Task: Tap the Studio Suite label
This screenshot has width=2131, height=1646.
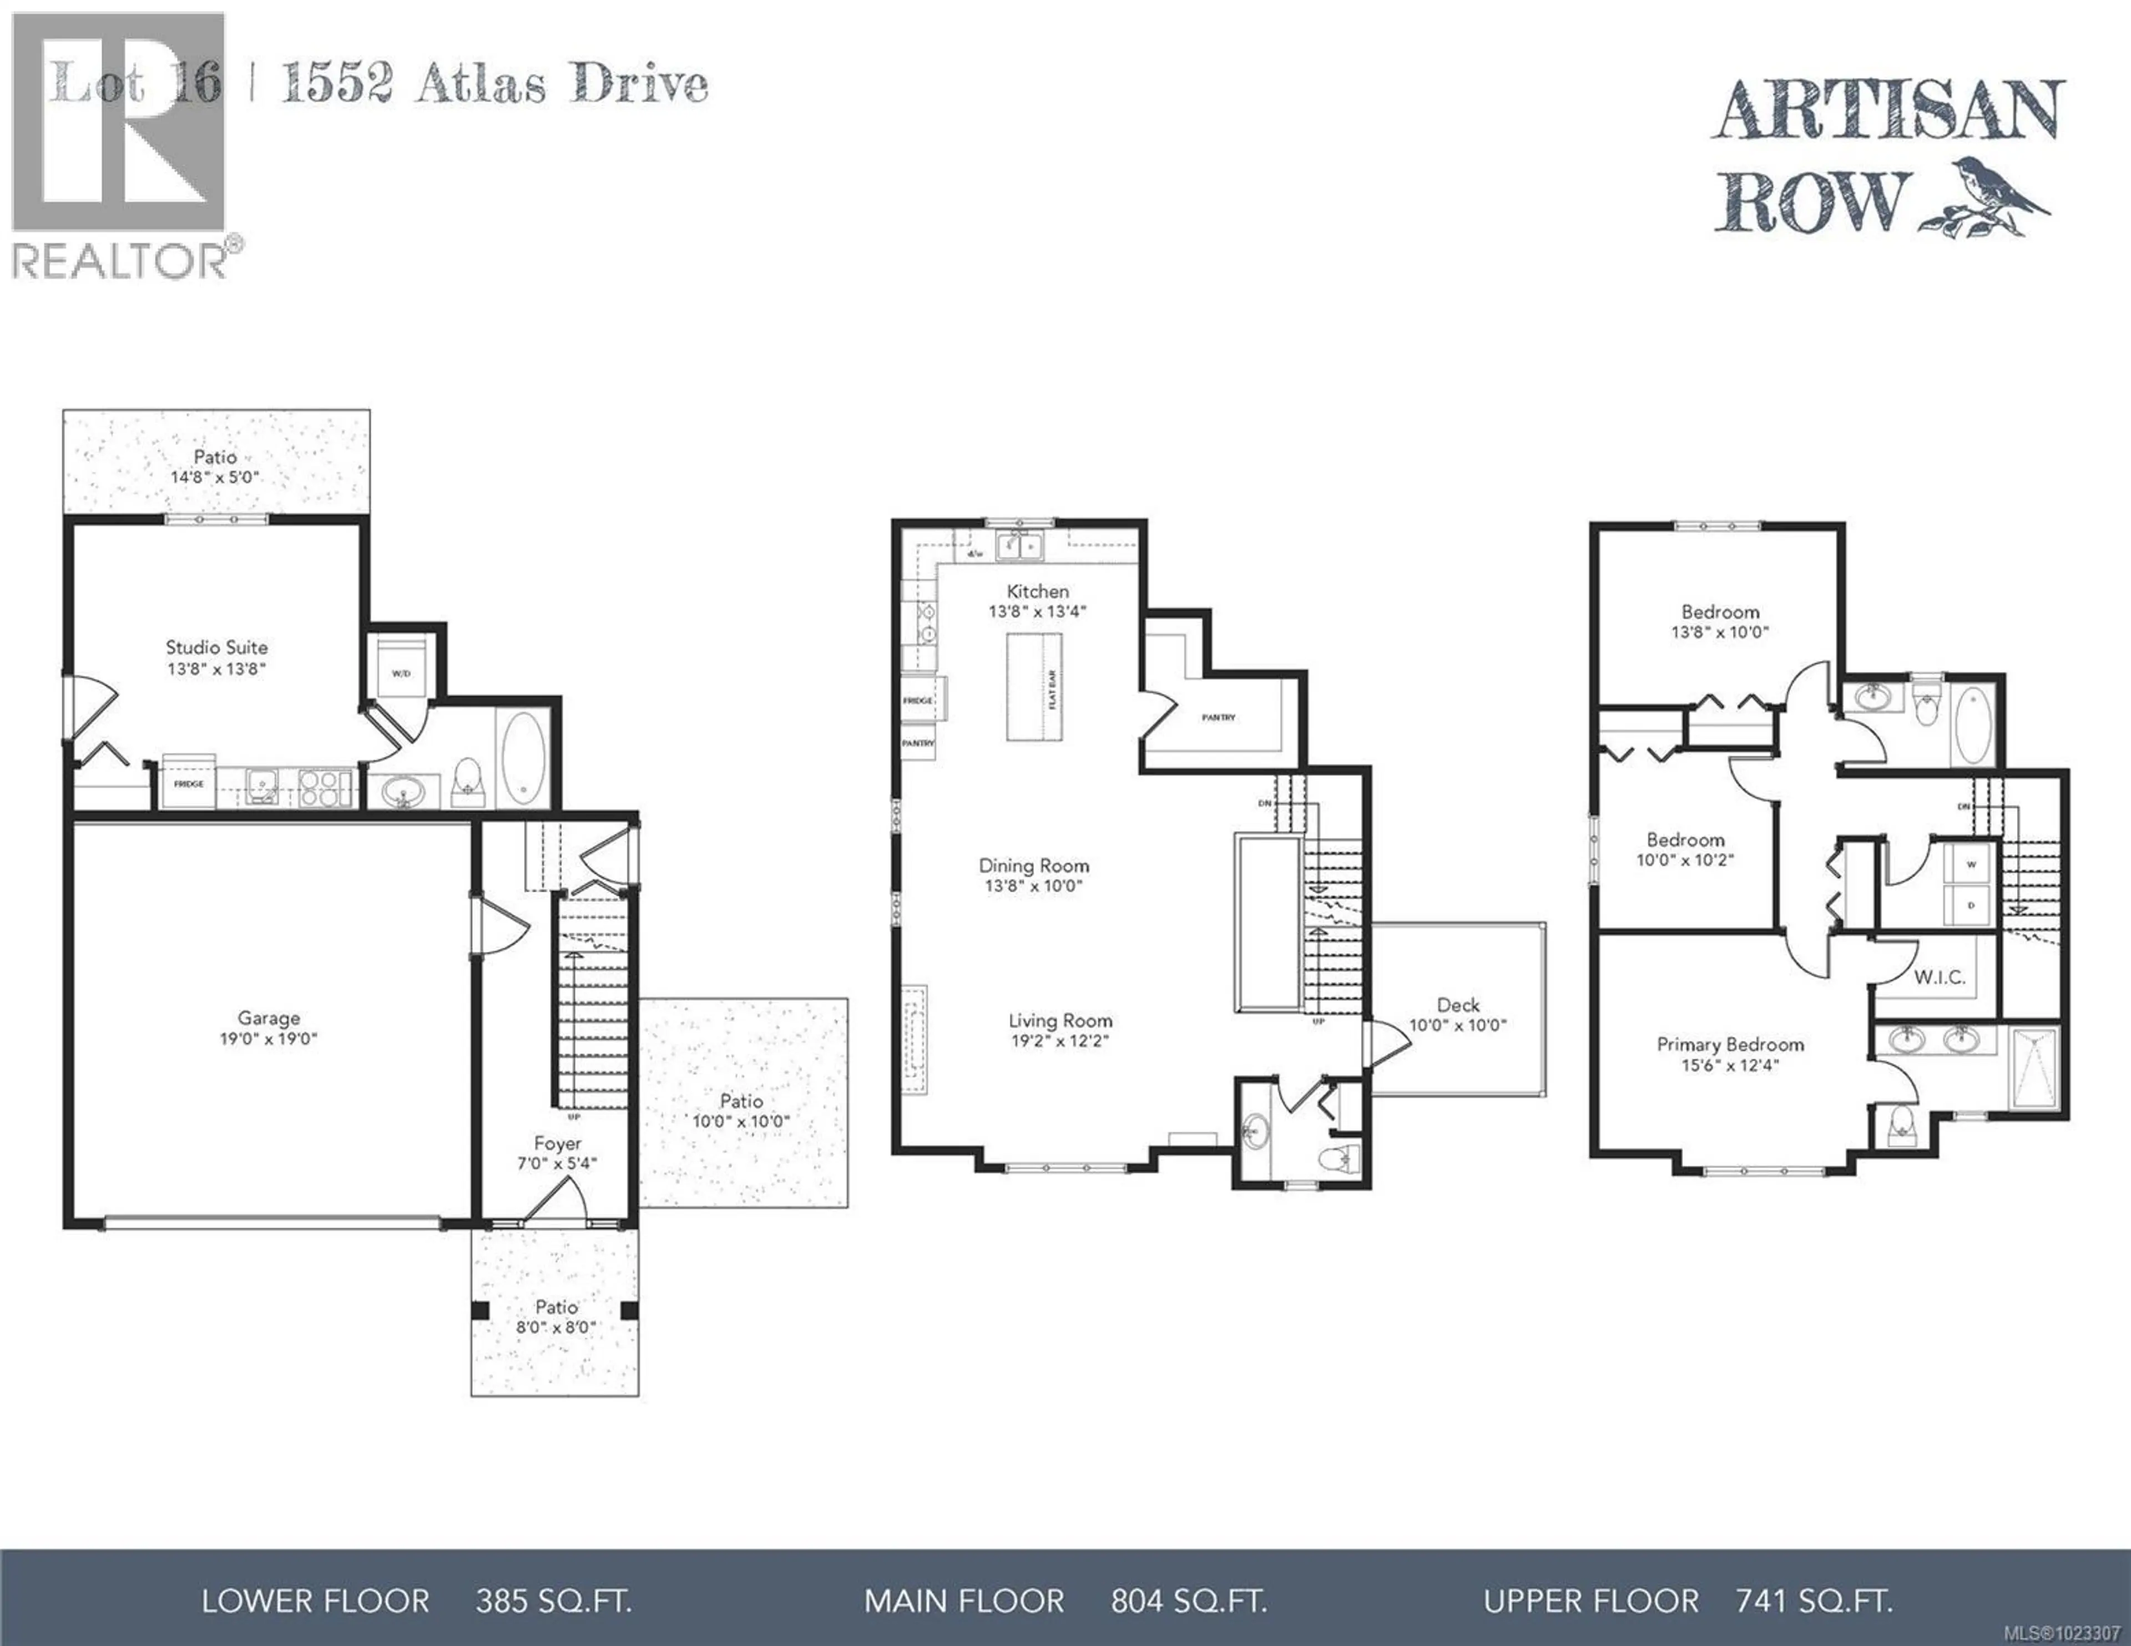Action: click(216, 647)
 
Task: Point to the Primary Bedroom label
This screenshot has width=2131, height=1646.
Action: click(1730, 1044)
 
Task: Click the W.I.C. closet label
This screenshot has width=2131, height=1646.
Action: click(1939, 977)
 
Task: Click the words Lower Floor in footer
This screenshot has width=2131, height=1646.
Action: click(315, 1601)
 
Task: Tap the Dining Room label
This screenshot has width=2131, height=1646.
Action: click(1033, 865)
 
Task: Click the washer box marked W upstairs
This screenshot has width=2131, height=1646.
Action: click(1971, 864)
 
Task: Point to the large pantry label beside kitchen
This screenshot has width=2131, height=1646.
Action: click(1219, 717)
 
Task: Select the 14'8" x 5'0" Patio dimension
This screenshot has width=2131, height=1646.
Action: click(215, 478)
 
